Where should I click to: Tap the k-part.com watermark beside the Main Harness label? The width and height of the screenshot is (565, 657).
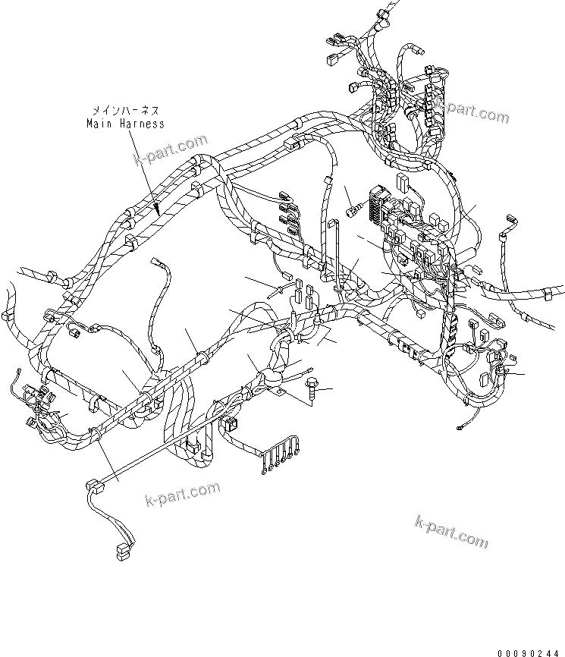[171, 150]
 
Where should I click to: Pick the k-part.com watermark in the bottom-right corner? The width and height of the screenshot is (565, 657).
[452, 530]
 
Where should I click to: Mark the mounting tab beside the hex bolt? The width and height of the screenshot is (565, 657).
[281, 393]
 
